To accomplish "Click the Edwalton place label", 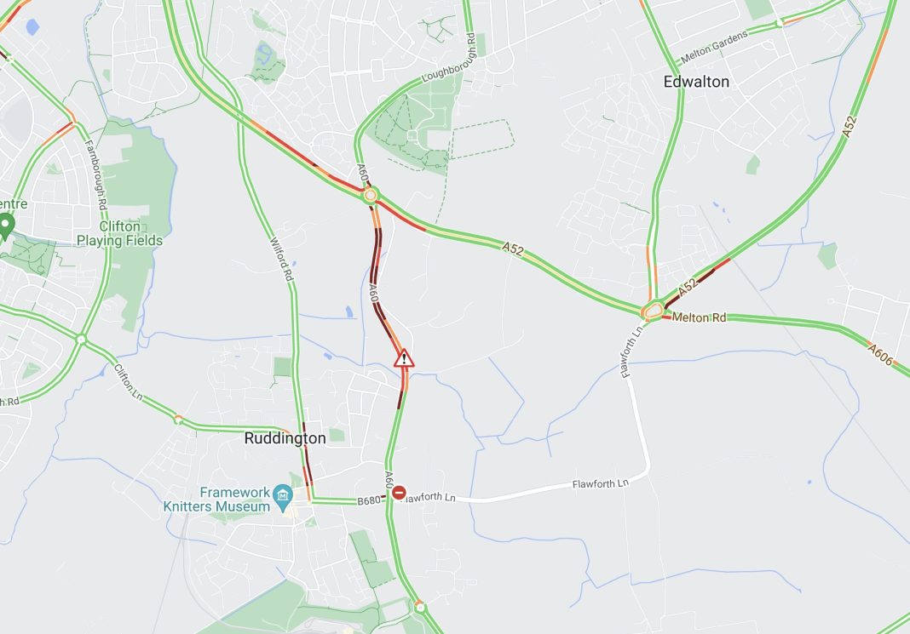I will (x=696, y=82).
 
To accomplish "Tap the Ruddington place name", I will (x=285, y=438).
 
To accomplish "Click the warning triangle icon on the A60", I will (x=404, y=358).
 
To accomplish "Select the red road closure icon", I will (x=399, y=492).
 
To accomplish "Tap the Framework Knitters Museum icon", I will (x=283, y=494).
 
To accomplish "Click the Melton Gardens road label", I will (x=714, y=48).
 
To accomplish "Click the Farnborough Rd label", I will (x=96, y=174).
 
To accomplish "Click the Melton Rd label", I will (x=699, y=317).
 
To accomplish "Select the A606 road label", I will (x=881, y=355).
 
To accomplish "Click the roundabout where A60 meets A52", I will (x=369, y=196).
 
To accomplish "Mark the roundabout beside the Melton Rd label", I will (x=654, y=311).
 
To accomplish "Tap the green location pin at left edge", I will (x=7, y=226).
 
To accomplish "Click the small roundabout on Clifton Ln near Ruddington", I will (x=178, y=420).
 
